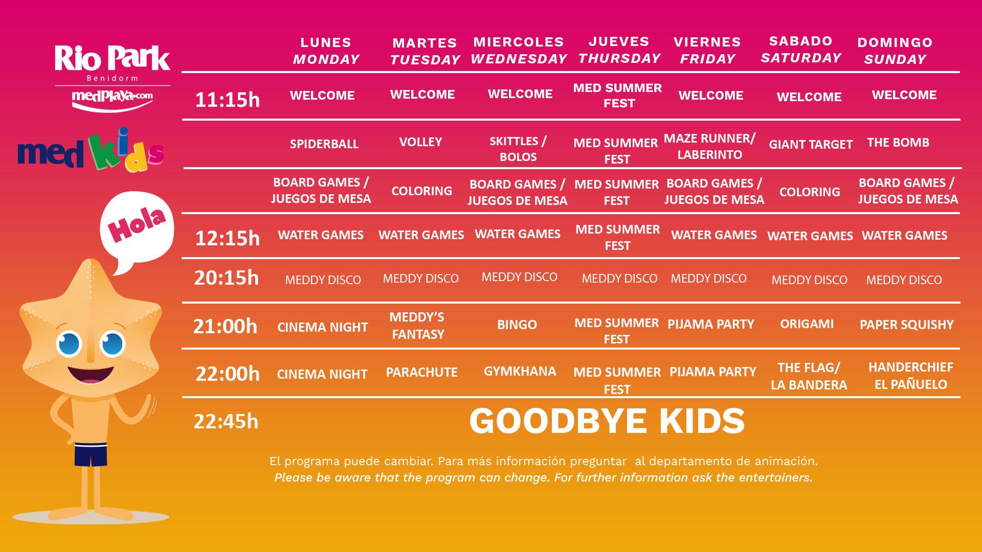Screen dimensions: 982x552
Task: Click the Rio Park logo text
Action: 113,59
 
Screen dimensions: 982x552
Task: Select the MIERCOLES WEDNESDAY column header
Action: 519,50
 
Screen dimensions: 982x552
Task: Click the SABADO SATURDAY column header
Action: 801,49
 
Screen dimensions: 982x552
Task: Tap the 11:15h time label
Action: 228,100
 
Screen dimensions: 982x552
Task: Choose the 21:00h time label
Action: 225,326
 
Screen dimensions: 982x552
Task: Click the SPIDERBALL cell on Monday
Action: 324,144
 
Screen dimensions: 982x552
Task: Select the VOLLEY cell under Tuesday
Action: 420,142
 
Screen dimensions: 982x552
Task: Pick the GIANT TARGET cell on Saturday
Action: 811,145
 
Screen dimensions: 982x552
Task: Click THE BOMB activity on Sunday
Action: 898,143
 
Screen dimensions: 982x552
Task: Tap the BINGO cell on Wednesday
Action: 517,325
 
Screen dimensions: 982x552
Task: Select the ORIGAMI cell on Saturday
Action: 807,324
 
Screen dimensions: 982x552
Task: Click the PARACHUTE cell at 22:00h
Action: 422,372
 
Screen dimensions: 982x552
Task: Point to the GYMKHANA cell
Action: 520,371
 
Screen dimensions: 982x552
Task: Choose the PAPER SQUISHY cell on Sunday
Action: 907,325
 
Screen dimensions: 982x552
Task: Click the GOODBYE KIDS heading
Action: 607,421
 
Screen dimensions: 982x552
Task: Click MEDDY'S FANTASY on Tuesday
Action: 417,326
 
